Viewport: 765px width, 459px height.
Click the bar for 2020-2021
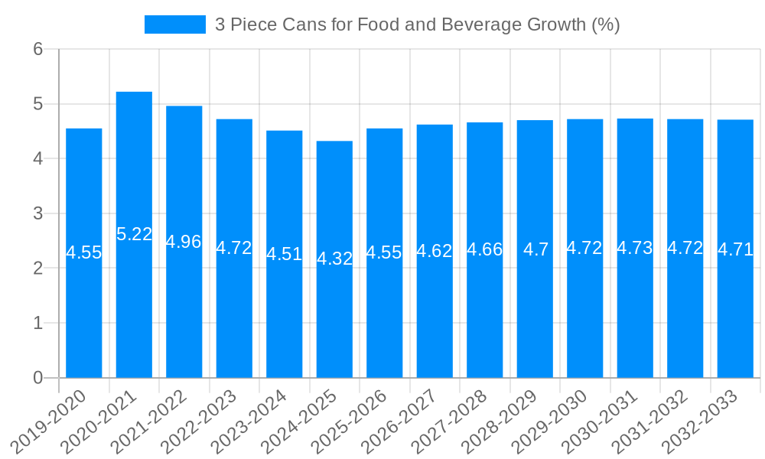[134, 306]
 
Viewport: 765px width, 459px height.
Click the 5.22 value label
[135, 234]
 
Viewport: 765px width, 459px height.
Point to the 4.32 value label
[334, 259]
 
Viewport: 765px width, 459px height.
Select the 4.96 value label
[184, 242]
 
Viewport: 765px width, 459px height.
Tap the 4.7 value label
[535, 249]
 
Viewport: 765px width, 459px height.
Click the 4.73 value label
[635, 248]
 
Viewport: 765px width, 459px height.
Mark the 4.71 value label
[735, 249]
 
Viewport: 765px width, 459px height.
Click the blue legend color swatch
[175, 24]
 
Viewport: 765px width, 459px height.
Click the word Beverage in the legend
[478, 24]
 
